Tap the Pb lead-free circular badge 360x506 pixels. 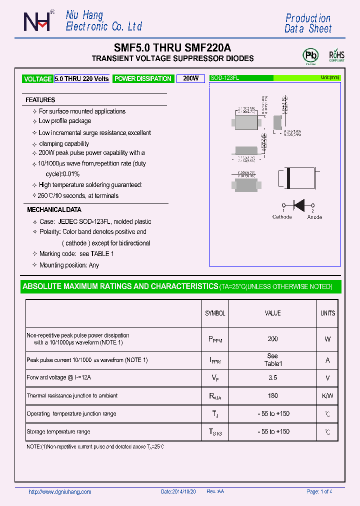coord(310,54)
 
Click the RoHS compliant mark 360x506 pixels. coord(336,55)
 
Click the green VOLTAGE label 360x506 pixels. coord(37,79)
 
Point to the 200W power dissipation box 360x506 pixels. coord(190,78)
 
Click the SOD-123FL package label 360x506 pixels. coord(224,78)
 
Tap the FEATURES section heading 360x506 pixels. coord(40,100)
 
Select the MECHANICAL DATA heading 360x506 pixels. coord(54,210)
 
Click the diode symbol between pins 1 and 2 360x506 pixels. coord(299,204)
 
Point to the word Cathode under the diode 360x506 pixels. coord(282,217)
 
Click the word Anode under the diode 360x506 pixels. coord(314,217)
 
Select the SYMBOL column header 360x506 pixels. coord(215,313)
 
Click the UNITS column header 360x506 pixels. coord(327,313)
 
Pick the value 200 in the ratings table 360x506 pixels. coord(272,339)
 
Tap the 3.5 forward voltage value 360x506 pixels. coord(272,378)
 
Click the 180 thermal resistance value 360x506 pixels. coord(272,396)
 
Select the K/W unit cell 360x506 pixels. coord(327,396)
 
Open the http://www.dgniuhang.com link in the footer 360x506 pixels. coord(60,492)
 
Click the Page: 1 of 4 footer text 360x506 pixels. coord(319,492)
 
